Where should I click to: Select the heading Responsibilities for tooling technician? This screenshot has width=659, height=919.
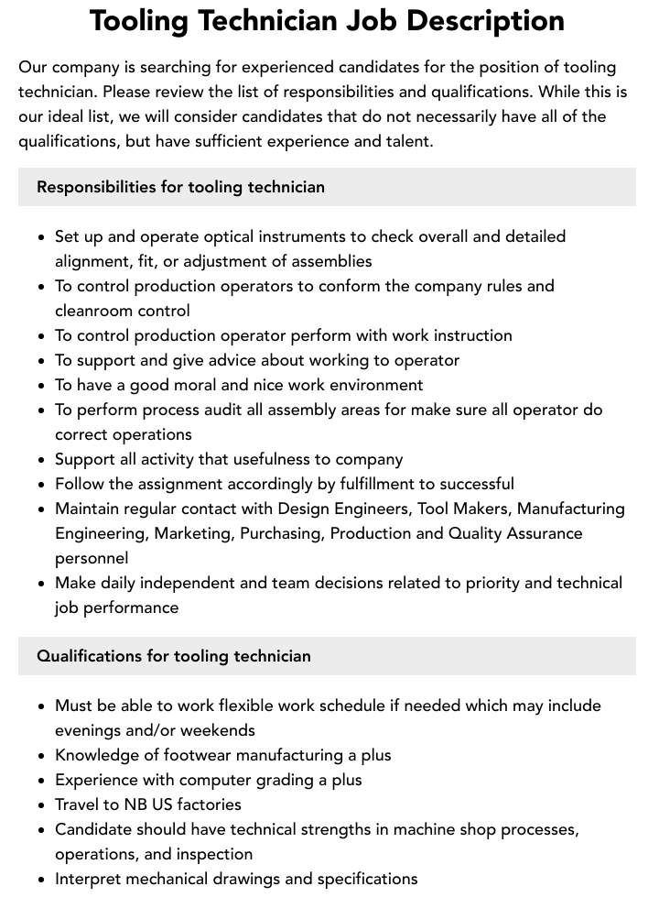180,187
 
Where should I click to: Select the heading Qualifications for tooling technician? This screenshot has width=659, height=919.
174,656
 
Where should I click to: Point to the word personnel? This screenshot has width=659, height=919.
92,558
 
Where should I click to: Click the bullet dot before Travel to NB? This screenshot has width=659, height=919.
42,805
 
